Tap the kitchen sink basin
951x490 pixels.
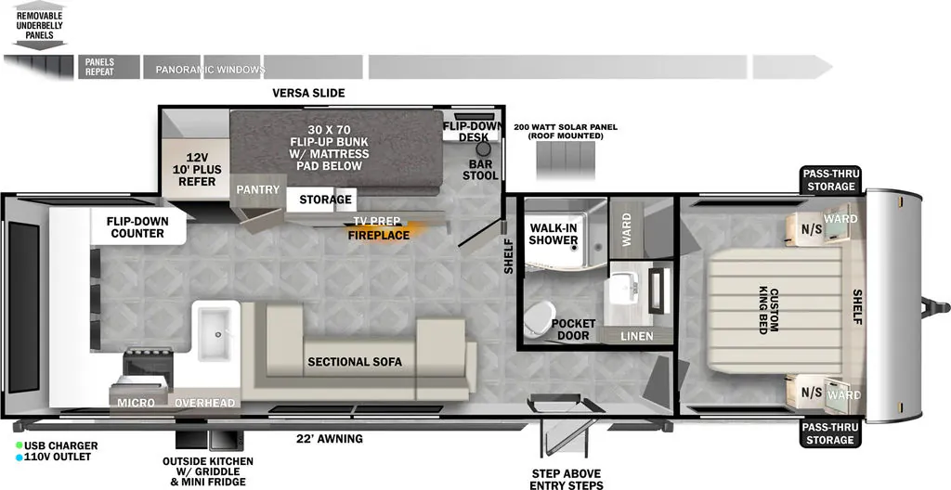tap(215, 332)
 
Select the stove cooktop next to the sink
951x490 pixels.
tap(148, 363)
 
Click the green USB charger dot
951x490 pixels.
tap(20, 445)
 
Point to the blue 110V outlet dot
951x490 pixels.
tap(20, 457)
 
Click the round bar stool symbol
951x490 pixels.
tap(483, 149)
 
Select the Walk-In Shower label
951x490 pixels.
tap(554, 234)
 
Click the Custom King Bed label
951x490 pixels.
tap(773, 311)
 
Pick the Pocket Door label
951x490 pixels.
tap(573, 329)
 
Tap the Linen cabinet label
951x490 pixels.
tap(637, 335)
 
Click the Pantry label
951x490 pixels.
tap(258, 189)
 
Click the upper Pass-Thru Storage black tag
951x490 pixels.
tap(830, 180)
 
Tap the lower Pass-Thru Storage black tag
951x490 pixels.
tap(830, 433)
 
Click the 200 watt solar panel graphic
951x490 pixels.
tap(566, 160)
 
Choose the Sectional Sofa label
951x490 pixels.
tap(355, 362)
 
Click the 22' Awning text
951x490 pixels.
tap(330, 438)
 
